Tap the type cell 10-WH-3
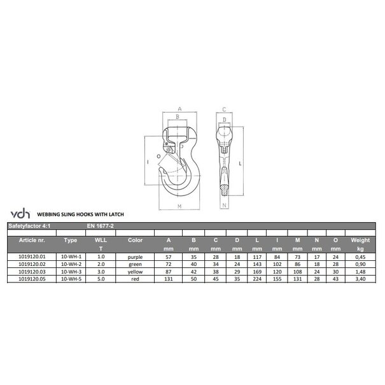(71, 270)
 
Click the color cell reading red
(135, 277)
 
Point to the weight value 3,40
(360, 277)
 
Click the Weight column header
(360, 240)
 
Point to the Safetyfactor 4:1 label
(29, 225)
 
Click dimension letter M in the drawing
(180, 207)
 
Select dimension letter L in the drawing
(240, 163)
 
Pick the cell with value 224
(256, 277)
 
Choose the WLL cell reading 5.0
(101, 277)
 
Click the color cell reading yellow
(135, 270)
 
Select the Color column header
(135, 240)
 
